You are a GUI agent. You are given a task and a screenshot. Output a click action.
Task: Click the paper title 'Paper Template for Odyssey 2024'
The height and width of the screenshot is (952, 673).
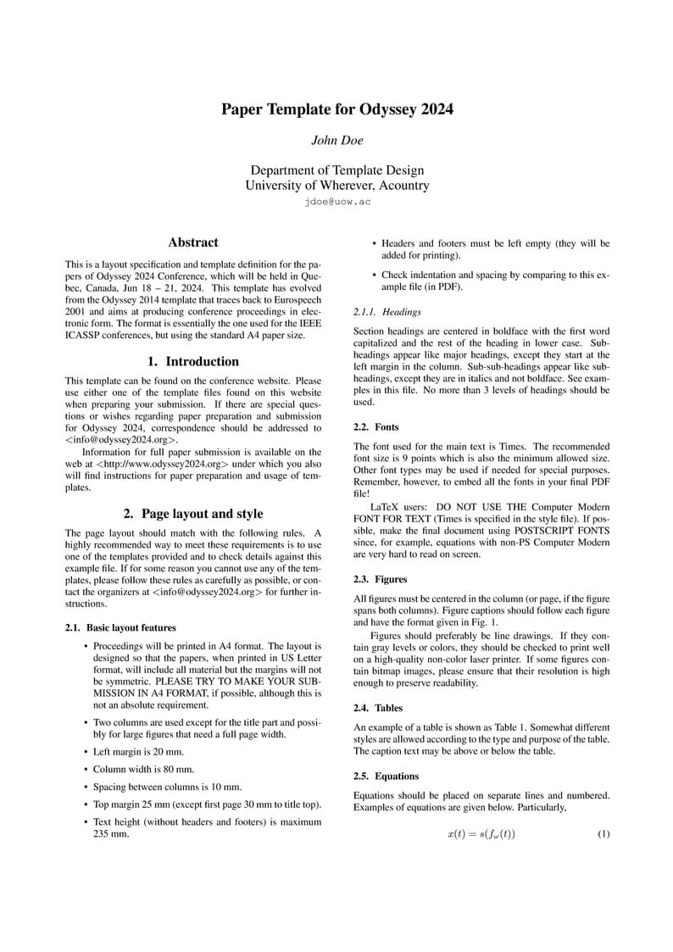[x=336, y=109]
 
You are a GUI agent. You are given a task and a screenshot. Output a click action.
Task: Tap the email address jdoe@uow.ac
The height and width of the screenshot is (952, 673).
[x=336, y=203]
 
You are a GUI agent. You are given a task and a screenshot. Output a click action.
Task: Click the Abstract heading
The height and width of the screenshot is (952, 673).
[x=193, y=242]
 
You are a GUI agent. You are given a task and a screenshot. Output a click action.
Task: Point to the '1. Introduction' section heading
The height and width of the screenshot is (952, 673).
[x=193, y=361]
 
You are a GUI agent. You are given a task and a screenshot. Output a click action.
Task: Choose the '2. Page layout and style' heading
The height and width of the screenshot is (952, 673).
[x=193, y=514]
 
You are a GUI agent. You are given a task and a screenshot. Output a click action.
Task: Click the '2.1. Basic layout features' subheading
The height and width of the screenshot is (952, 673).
[x=120, y=628]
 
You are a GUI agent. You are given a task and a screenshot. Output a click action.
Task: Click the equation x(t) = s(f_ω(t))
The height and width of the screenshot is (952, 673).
[x=481, y=834]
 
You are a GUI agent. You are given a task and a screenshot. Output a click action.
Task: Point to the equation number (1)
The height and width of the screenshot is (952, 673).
[x=603, y=834]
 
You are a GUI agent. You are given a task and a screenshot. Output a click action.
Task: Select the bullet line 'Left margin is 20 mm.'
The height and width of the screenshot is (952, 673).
[x=138, y=752]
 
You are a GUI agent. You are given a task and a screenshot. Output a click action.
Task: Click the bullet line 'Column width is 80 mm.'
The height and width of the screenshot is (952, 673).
[x=143, y=770]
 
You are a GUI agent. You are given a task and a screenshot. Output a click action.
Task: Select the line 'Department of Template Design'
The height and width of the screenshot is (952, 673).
[x=336, y=170]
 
